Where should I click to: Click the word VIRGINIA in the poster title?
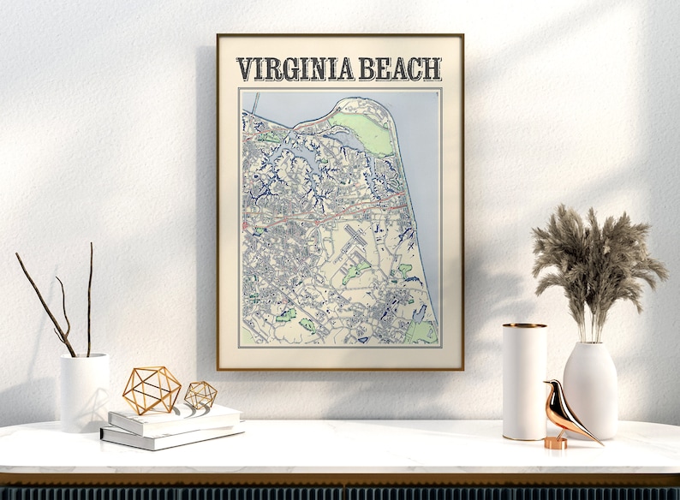pos(295,69)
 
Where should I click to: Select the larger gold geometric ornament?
pos(152,390)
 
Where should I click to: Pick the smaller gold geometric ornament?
pos(200,395)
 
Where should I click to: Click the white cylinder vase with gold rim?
pos(524,382)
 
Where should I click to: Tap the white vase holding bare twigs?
pos(84,391)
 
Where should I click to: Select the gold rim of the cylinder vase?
pos(524,325)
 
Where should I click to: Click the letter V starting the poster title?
pos(245,69)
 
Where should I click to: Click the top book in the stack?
pos(176,417)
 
